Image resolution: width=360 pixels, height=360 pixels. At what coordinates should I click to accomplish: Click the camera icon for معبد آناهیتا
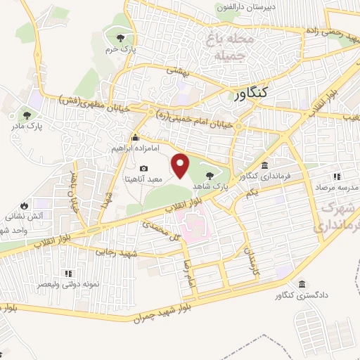coord(144,169)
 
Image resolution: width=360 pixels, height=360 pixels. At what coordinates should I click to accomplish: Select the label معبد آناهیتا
coord(143,180)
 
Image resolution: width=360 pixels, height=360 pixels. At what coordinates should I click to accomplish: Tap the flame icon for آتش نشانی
coord(25,206)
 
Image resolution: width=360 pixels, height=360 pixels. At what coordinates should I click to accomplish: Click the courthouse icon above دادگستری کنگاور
coord(301,284)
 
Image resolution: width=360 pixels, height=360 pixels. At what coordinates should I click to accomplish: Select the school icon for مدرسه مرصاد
coord(337,176)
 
